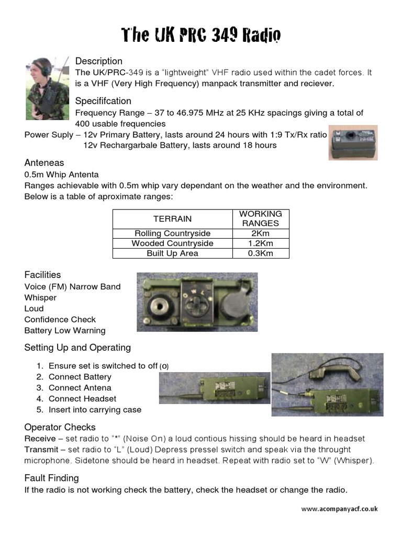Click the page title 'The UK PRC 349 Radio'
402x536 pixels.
click(201, 35)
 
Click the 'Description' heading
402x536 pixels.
click(98, 61)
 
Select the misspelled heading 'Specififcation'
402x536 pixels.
click(103, 100)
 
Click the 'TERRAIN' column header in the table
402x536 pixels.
click(172, 219)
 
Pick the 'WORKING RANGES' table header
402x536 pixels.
click(260, 219)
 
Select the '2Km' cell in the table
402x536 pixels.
click(260, 233)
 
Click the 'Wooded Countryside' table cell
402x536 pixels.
click(172, 243)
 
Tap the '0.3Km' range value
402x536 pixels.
click(260, 253)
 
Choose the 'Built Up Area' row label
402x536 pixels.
click(172, 253)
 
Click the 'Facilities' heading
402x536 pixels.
click(42, 275)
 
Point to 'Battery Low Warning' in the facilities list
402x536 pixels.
click(65, 330)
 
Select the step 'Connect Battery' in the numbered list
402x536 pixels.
click(80, 377)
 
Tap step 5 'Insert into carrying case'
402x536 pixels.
click(95, 410)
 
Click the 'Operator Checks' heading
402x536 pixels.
click(60, 427)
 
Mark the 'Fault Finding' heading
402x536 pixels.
click(51, 478)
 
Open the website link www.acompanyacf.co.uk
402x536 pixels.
click(339, 509)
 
